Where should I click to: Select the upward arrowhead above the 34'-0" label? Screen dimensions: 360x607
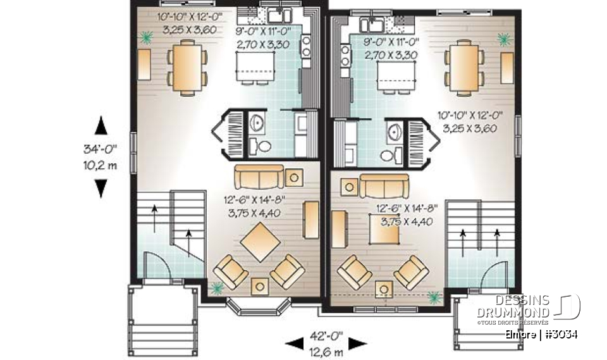click(101, 126)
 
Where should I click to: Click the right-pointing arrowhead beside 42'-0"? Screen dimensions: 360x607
click(359, 343)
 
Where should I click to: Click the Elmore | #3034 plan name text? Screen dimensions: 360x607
click(546, 334)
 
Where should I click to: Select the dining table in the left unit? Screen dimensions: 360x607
click(187, 67)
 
